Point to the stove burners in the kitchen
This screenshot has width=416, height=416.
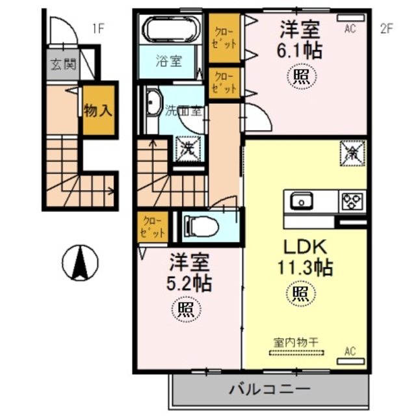point(353,201)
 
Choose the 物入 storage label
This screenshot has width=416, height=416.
point(98,110)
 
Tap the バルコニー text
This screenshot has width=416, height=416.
point(268,390)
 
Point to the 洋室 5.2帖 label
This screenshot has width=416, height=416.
point(190,272)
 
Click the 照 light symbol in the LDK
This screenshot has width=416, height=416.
point(300,292)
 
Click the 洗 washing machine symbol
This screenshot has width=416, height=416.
point(187,147)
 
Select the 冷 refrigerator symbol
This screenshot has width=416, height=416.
point(352,154)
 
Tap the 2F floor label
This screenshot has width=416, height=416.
point(387,29)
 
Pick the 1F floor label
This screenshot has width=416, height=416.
point(97,28)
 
